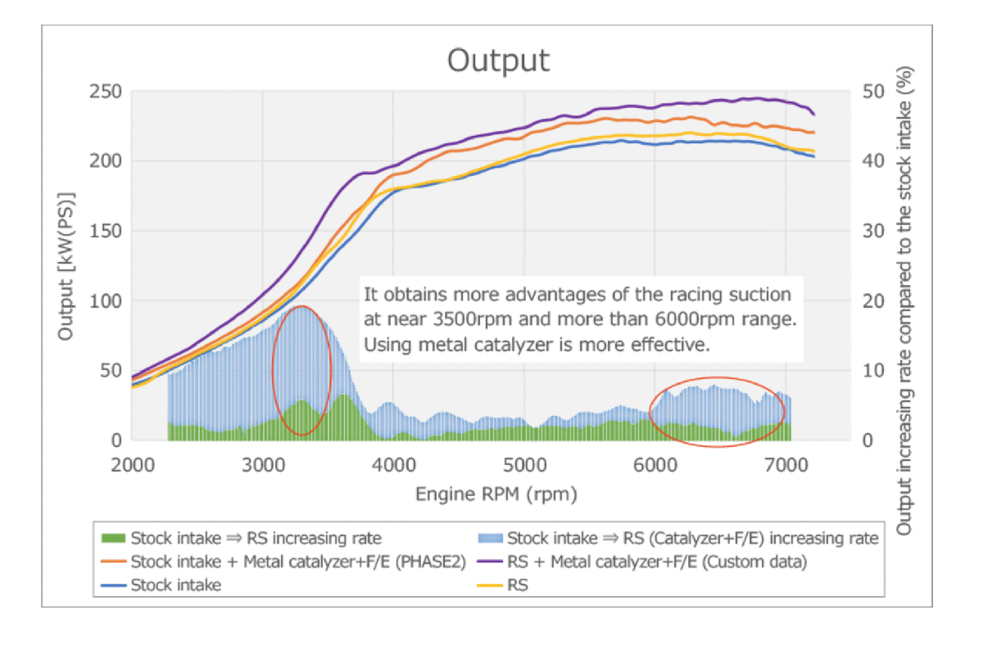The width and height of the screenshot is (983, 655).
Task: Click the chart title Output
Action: tap(498, 61)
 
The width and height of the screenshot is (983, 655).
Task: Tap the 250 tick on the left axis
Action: tap(105, 91)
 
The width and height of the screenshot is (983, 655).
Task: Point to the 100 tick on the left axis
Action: tap(105, 300)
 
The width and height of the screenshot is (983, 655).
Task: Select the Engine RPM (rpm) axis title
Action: tap(496, 495)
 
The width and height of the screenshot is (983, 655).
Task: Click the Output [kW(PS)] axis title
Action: tap(66, 266)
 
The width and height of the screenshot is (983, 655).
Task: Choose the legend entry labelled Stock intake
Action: tap(175, 585)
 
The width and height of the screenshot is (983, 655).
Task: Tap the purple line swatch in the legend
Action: tap(490, 562)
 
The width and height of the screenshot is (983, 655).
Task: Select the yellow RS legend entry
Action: tap(518, 585)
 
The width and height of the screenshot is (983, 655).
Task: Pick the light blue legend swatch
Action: tap(490, 538)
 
